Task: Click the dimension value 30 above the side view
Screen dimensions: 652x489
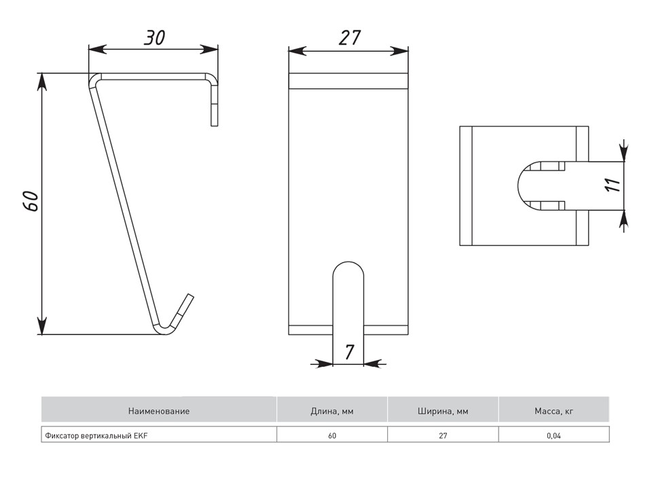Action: pyautogui.click(x=155, y=37)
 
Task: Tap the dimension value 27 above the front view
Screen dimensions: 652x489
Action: pyautogui.click(x=349, y=38)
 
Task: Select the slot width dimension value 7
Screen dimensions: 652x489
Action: pyautogui.click(x=349, y=352)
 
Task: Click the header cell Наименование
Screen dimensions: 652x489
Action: pyautogui.click(x=159, y=411)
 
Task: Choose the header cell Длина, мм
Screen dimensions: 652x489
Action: pyautogui.click(x=332, y=411)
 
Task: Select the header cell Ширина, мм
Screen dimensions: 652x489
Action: pyautogui.click(x=443, y=411)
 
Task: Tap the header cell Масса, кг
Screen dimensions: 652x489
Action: pyautogui.click(x=554, y=411)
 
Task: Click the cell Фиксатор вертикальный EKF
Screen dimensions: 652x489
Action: pyautogui.click(x=159, y=435)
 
